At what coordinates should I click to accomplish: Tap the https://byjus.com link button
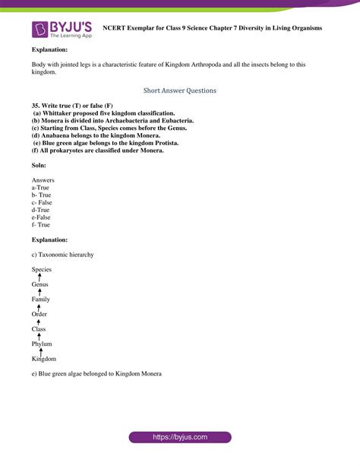point(180,438)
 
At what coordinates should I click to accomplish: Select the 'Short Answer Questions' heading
point(180,90)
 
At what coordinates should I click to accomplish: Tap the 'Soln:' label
point(39,165)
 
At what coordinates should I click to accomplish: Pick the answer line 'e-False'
point(43,217)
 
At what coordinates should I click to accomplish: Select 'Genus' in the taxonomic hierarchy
point(40,284)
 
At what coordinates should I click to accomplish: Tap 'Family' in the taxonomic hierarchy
point(41,300)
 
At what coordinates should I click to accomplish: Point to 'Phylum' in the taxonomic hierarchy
point(42,344)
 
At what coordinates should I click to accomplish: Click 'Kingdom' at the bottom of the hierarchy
point(44,359)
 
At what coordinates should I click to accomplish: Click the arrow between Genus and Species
point(39,277)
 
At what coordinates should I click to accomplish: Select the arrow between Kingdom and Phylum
point(39,351)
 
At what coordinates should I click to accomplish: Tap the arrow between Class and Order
point(39,322)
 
